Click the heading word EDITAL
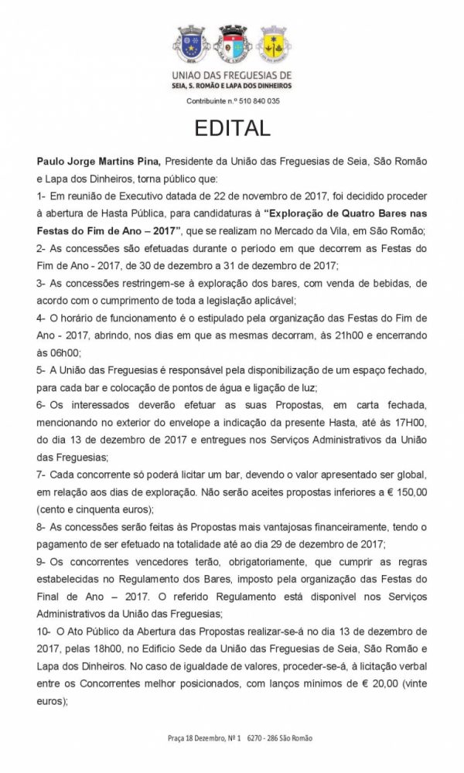[232, 128]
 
